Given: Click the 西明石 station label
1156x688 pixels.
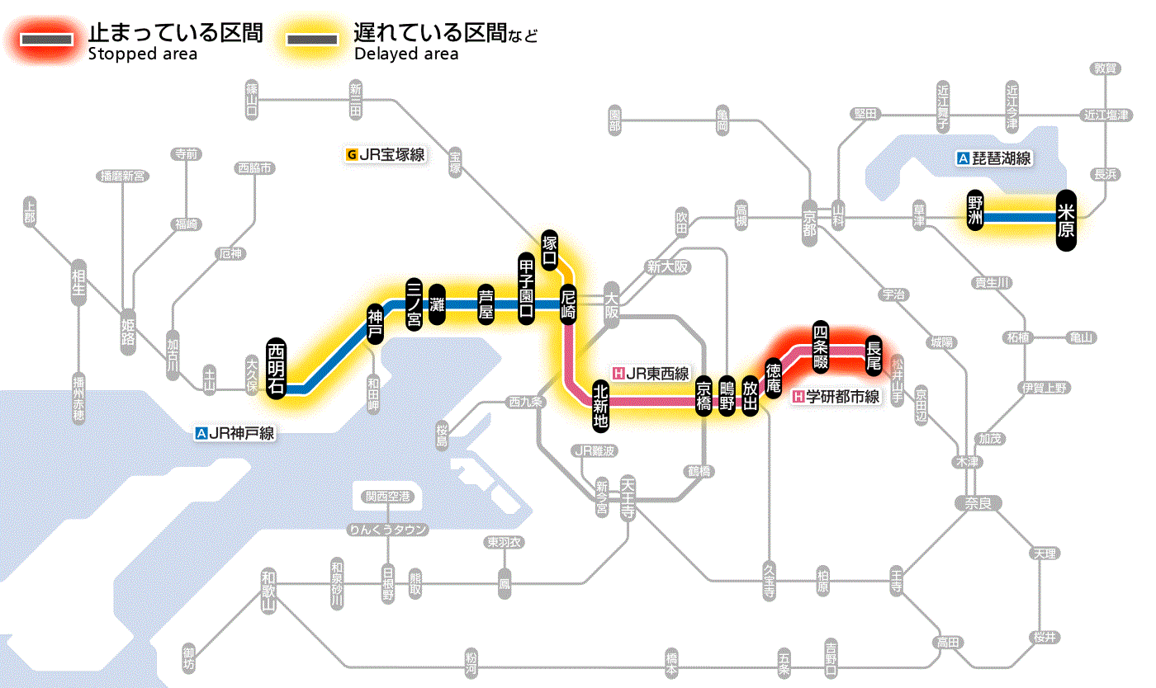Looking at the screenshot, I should [276, 369].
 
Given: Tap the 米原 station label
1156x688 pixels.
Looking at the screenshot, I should [1066, 220].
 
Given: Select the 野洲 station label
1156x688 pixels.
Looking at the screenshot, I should [976, 211].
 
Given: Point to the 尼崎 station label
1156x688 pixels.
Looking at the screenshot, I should [568, 303].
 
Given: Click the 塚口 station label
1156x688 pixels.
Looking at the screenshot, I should [549, 250].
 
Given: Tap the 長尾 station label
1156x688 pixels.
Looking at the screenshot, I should [873, 354].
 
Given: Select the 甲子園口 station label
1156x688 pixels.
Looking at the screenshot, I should [526, 287].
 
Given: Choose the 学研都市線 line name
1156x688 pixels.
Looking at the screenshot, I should [836, 397].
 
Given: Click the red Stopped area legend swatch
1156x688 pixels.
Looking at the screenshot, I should [49, 39].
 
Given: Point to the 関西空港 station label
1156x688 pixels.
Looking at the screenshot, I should [387, 497].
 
